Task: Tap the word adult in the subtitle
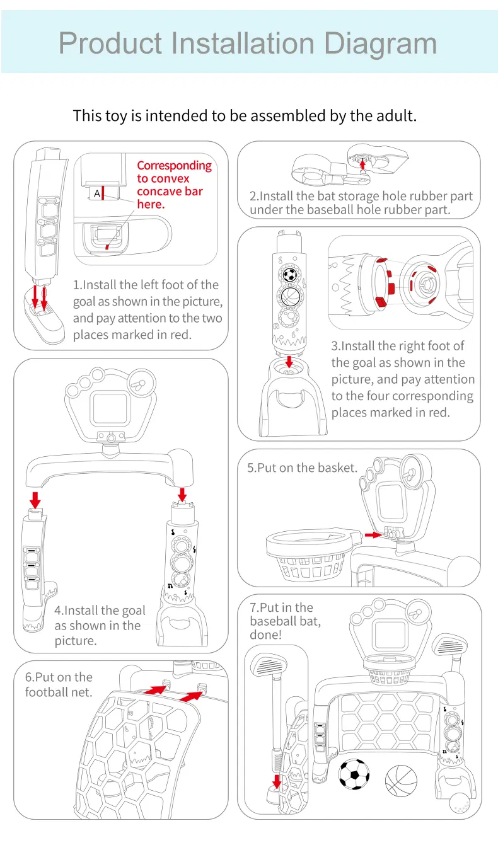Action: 395,116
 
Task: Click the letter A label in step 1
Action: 97,193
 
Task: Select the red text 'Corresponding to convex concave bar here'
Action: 173,185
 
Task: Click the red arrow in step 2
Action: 362,166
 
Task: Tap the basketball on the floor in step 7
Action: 401,779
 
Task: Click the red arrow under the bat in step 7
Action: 275,781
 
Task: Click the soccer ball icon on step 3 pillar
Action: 289,275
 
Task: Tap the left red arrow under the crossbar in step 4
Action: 35,499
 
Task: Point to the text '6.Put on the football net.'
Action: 58,685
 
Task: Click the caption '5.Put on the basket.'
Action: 302,468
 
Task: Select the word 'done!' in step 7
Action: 265,635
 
